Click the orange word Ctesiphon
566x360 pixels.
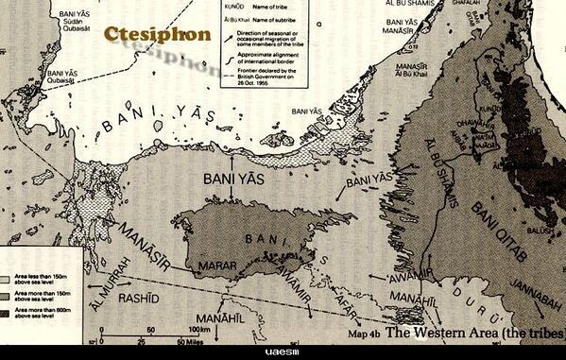158,33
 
